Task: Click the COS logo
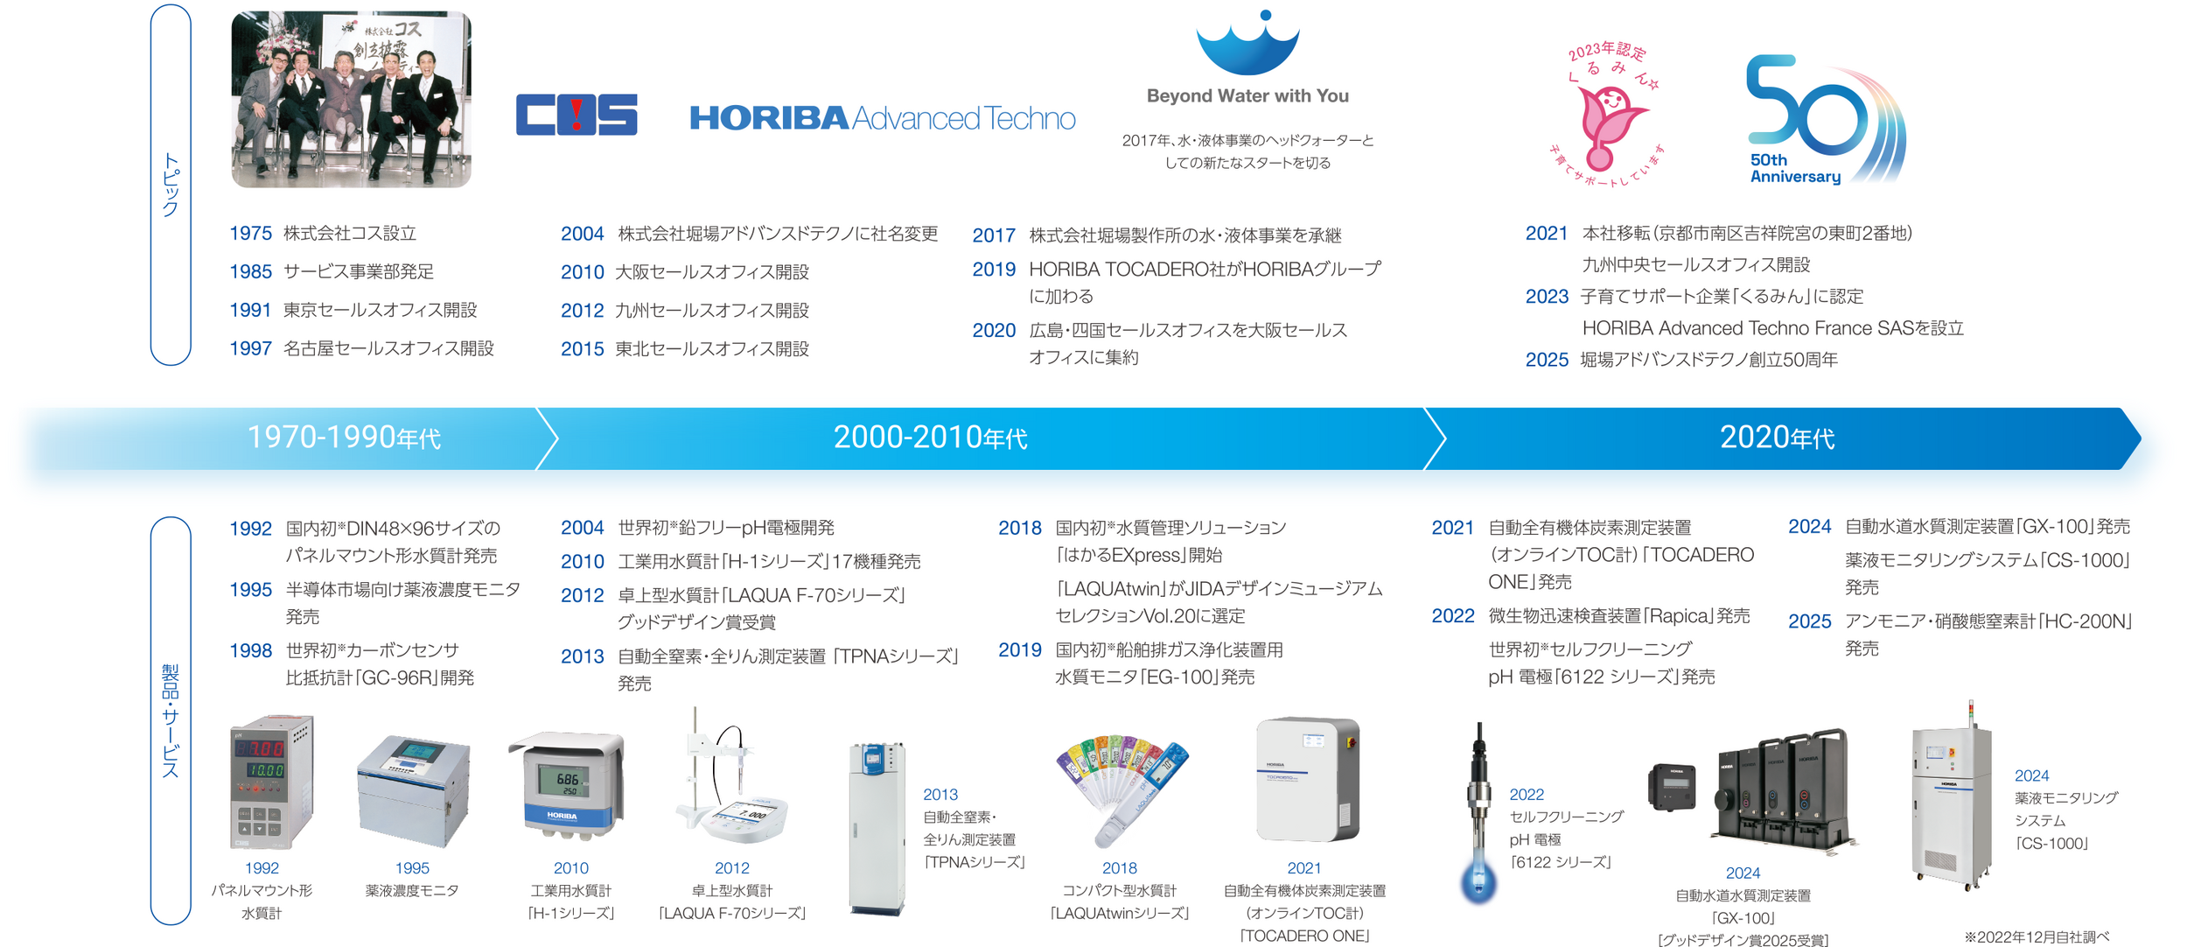576,115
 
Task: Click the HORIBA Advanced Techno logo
883,117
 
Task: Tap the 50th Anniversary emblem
1825,119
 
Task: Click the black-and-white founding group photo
351,99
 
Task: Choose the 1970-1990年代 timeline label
344,438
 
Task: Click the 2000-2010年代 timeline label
930,438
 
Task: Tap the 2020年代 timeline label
1777,438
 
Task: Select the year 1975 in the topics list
250,234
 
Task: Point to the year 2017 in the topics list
994,235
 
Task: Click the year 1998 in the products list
250,650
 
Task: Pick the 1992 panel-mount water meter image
271,782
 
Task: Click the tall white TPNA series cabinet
877,829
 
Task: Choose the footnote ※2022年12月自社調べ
2037,936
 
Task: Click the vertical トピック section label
171,185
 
